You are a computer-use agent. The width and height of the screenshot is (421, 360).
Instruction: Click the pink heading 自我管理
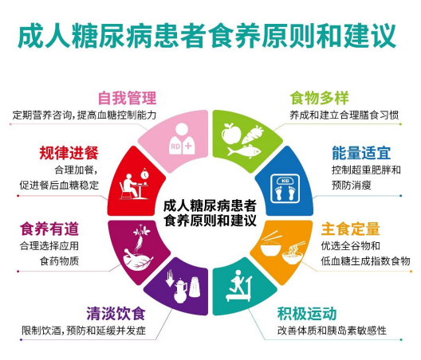point(127,98)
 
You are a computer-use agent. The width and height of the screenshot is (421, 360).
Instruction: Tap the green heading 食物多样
point(319,98)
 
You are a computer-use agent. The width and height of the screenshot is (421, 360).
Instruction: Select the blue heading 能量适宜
point(361,153)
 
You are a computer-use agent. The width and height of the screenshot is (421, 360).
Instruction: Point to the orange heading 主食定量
point(350,229)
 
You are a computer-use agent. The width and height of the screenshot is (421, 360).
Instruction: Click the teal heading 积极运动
point(307,313)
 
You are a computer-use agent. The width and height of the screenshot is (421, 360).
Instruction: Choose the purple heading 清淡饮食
point(116,313)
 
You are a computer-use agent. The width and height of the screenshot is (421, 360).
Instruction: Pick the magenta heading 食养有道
point(49,229)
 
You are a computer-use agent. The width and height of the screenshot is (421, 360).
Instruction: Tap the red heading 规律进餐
point(69,153)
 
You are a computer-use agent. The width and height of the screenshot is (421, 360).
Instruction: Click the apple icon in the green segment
point(231,133)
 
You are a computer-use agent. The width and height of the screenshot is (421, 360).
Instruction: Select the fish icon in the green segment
point(244,151)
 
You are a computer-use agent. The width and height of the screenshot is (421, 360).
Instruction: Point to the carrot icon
point(253,134)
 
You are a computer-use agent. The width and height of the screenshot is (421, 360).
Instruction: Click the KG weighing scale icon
point(285,189)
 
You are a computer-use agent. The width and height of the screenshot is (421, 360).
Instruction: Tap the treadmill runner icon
point(239,286)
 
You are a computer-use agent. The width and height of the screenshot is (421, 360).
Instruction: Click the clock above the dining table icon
point(144,174)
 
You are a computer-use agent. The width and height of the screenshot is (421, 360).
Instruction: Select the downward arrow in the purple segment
point(170,279)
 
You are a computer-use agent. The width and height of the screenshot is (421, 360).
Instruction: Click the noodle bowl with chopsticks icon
point(293,253)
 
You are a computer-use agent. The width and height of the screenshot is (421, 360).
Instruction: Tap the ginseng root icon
point(140,237)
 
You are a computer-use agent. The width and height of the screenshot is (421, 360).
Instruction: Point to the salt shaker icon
point(195,287)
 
